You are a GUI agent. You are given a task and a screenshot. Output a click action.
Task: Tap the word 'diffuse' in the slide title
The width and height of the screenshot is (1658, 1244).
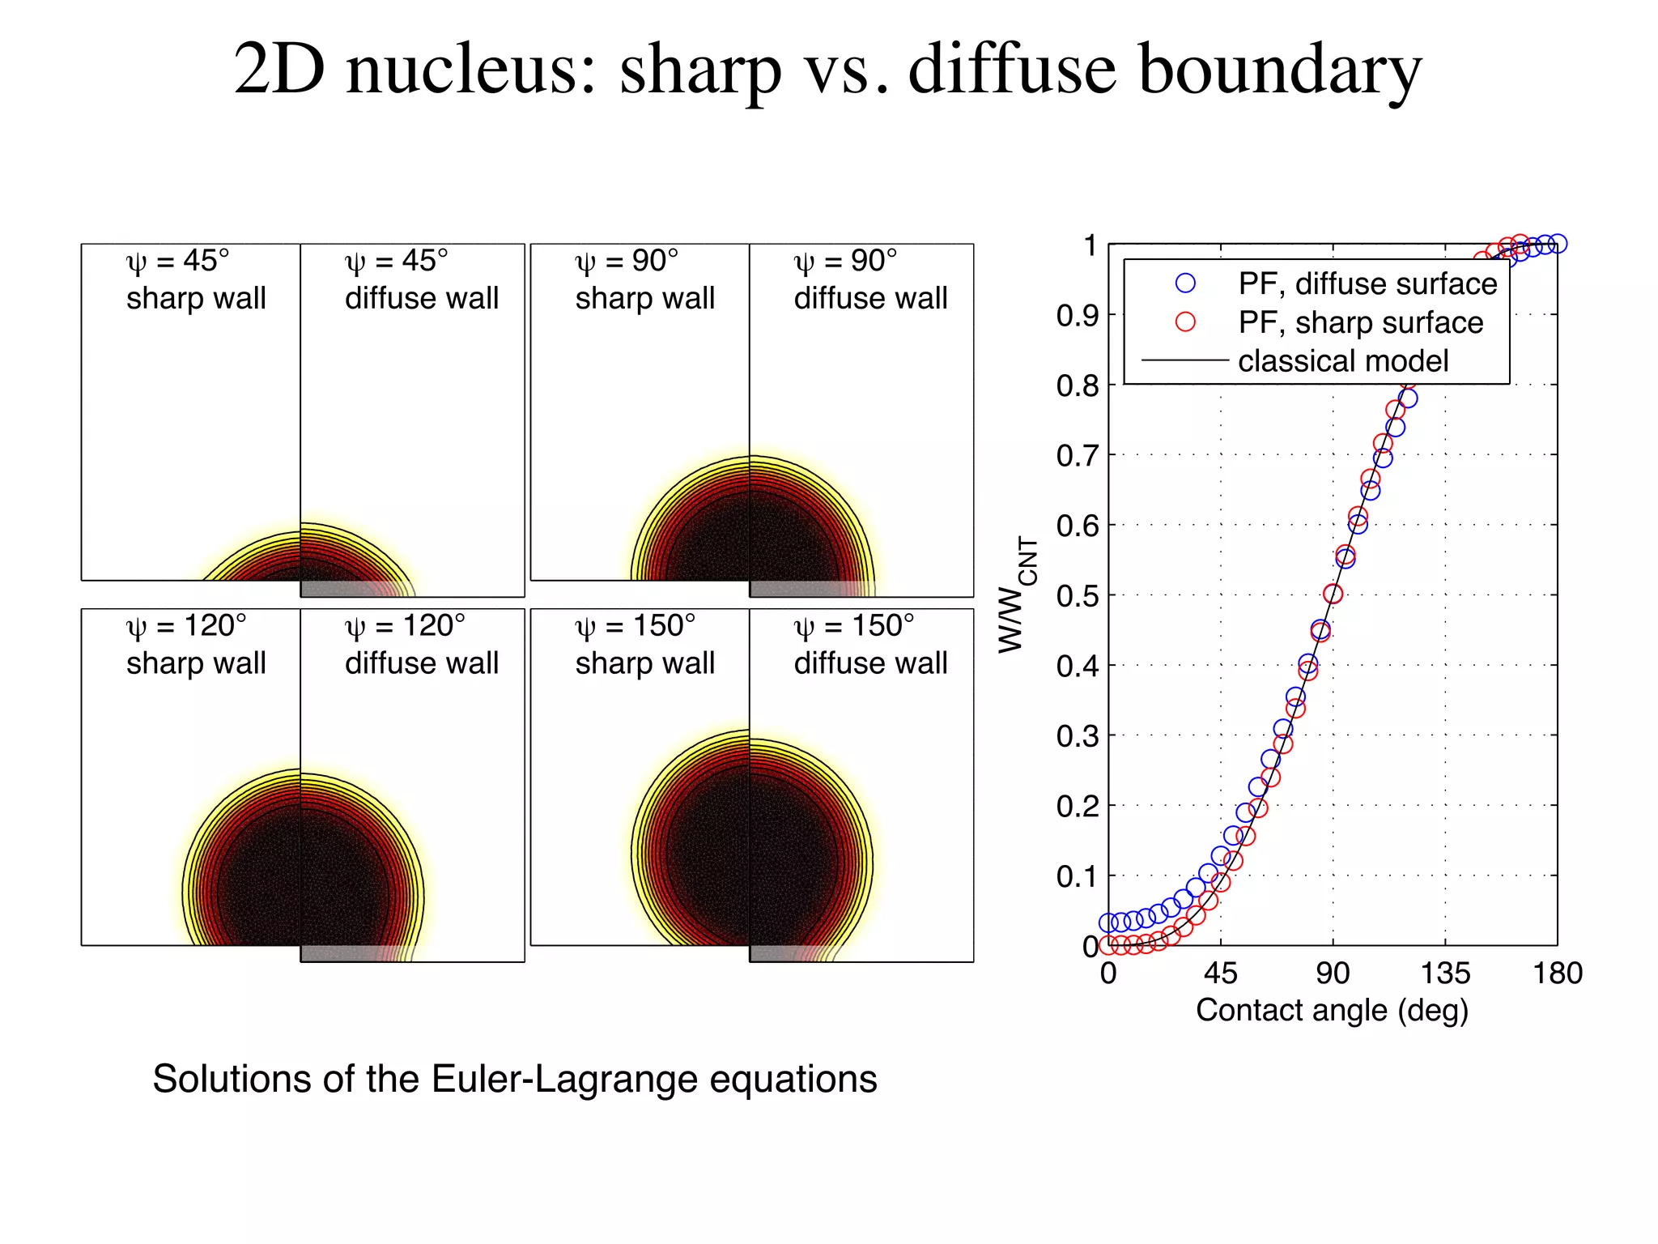click(1013, 70)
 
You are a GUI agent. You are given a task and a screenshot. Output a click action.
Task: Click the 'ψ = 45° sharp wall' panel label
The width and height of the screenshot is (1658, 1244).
click(195, 279)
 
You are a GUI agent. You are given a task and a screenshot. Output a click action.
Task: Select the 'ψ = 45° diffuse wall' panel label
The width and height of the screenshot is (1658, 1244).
click(421, 279)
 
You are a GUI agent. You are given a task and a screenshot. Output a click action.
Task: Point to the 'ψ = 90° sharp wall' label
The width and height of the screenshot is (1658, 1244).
click(644, 279)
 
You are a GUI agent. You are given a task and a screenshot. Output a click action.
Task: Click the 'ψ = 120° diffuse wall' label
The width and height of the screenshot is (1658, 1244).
click(421, 645)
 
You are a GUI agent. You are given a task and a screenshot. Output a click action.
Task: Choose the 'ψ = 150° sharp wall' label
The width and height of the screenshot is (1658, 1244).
click(644, 645)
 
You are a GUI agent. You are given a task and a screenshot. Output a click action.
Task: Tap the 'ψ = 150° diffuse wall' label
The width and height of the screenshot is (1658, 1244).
click(870, 645)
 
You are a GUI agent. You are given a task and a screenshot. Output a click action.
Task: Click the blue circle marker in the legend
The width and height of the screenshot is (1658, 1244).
click(1185, 283)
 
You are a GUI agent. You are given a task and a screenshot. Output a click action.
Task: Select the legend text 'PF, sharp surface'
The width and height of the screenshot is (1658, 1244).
click(1360, 322)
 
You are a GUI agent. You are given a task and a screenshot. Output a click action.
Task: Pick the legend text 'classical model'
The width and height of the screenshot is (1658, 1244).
click(1343, 360)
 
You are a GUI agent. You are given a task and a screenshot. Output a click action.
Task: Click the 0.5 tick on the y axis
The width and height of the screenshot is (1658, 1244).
click(1078, 596)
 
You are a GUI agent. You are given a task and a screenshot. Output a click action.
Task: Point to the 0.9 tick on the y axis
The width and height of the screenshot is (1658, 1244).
click(1078, 316)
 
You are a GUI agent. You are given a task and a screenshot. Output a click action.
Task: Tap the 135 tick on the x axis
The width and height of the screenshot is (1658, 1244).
click(1445, 973)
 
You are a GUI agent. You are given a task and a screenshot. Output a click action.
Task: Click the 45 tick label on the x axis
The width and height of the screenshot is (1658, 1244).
click(1220, 973)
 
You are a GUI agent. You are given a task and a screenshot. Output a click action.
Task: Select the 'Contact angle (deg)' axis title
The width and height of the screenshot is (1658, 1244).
click(1332, 1011)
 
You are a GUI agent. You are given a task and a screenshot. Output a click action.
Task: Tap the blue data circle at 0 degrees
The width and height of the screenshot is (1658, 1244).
click(1108, 922)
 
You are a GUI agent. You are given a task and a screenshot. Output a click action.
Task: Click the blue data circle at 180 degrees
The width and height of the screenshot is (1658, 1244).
click(1558, 244)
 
